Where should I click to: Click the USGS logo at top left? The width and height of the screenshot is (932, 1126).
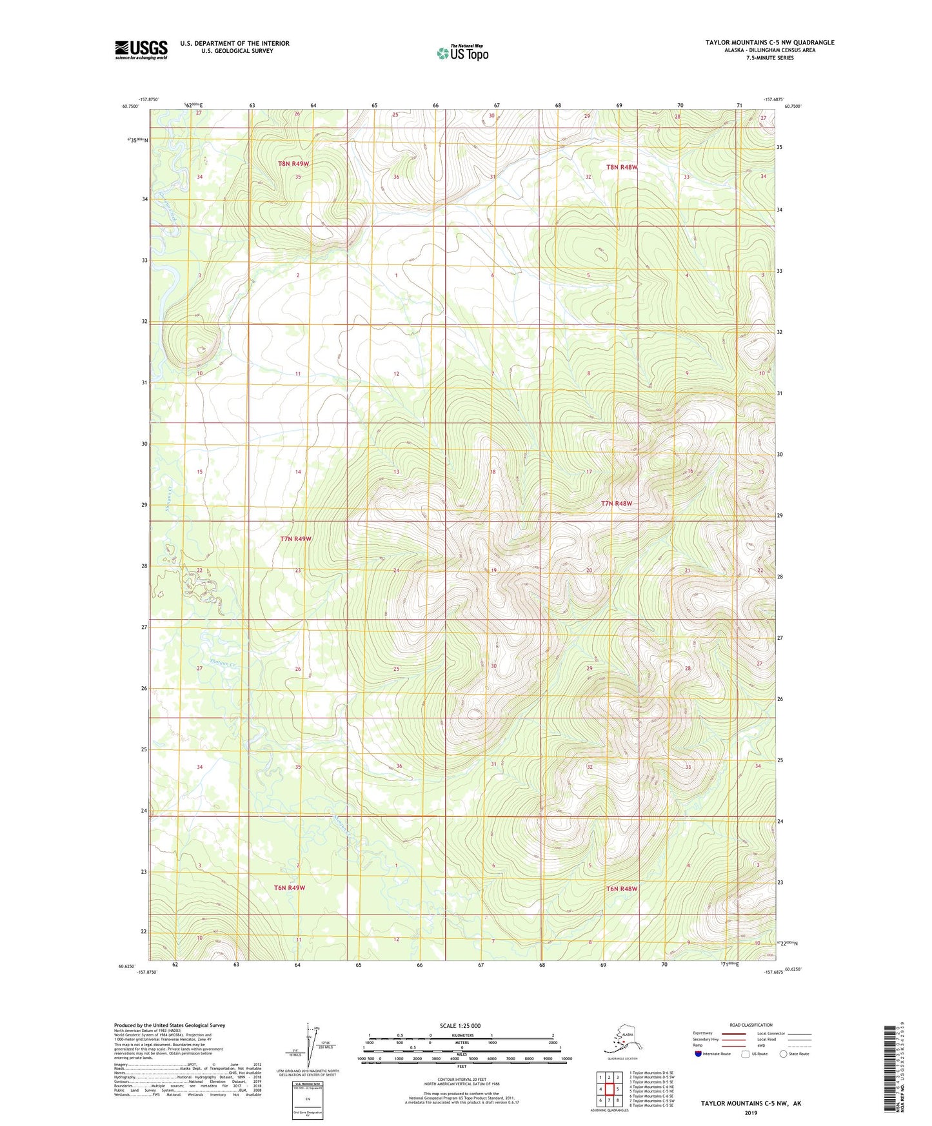click(x=141, y=50)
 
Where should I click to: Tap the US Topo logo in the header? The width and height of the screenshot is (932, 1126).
click(x=462, y=52)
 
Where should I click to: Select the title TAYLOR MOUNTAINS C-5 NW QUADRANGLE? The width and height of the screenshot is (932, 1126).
click(x=769, y=43)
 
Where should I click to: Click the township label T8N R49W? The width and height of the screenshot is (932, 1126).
click(x=293, y=164)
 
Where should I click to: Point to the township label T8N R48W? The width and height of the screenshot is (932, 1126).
click(x=621, y=167)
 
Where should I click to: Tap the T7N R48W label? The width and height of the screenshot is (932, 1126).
click(x=617, y=503)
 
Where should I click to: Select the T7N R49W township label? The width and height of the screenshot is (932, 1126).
click(x=295, y=538)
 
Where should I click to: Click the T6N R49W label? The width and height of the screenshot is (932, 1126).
click(x=290, y=887)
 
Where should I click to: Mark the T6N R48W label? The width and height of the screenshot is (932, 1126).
click(x=621, y=889)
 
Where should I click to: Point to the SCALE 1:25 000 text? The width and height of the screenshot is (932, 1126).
click(x=461, y=1025)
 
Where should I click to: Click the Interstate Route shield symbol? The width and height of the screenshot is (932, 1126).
click(x=699, y=1053)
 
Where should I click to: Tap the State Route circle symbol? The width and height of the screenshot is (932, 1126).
click(x=783, y=1053)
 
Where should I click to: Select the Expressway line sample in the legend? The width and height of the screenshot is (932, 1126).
click(x=733, y=1034)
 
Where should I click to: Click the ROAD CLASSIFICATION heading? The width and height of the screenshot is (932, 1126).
click(x=751, y=1025)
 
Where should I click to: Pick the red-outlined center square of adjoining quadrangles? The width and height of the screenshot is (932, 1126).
click(x=609, y=1089)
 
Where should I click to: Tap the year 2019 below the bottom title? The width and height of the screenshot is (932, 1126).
click(x=751, y=1112)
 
